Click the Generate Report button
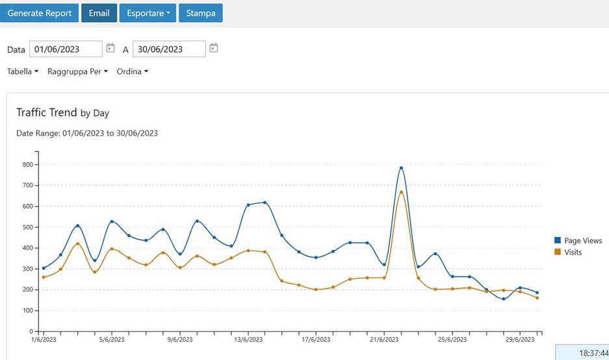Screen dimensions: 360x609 (40, 13)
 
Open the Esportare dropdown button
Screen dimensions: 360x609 (148, 13)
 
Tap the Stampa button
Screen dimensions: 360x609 (201, 13)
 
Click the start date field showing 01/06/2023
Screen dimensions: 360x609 (66, 49)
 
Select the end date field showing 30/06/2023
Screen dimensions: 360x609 (169, 49)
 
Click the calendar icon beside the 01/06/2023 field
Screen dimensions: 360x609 (110, 48)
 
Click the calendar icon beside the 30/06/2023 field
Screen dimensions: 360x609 (214, 48)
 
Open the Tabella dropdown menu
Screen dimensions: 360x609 (23, 71)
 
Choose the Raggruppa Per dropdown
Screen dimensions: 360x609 (77, 71)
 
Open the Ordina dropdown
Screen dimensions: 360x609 (132, 71)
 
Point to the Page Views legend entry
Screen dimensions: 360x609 (578, 240)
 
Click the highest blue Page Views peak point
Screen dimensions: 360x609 (401, 168)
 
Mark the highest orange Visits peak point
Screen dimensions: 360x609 (401, 192)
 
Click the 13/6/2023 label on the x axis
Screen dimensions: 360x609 (248, 339)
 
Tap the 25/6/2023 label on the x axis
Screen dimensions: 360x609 (452, 339)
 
